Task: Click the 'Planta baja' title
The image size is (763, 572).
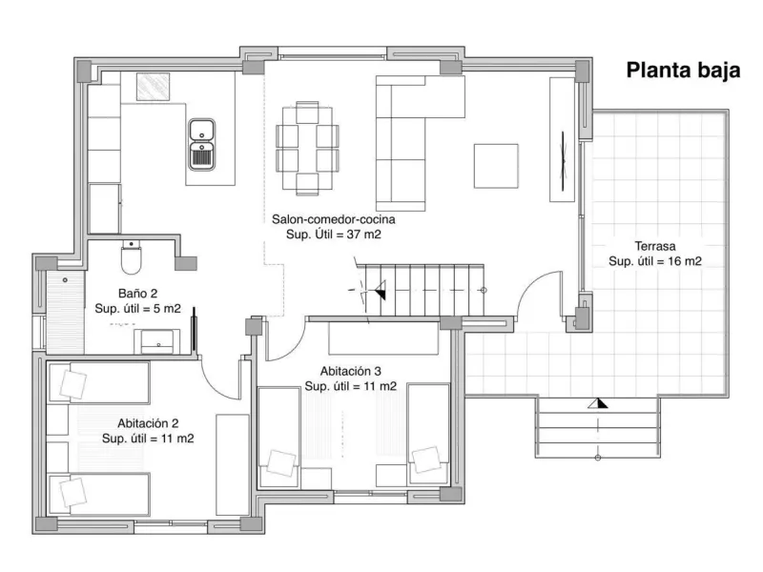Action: [683, 71]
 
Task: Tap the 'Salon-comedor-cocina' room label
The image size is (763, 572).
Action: [333, 219]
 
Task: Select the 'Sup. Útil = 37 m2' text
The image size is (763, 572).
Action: [333, 235]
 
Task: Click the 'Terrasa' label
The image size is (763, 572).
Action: [655, 246]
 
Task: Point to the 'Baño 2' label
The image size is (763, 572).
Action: [137, 294]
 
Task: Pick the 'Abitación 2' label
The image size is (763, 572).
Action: [148, 423]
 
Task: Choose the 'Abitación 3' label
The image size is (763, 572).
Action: [350, 371]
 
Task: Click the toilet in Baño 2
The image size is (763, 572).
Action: [131, 257]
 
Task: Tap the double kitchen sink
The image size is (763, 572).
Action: [202, 145]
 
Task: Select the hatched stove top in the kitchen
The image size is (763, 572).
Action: [153, 87]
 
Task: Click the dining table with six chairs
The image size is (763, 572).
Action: [307, 149]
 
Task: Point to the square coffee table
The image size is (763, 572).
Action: [496, 166]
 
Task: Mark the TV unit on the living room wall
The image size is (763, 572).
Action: [562, 139]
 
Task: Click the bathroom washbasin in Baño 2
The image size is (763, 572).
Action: [157, 341]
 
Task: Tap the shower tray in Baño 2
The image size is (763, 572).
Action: [65, 313]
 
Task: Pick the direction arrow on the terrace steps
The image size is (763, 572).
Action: [598, 403]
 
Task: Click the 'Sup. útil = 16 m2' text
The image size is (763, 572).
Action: [655, 261]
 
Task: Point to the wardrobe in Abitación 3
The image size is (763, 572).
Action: [383, 338]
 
